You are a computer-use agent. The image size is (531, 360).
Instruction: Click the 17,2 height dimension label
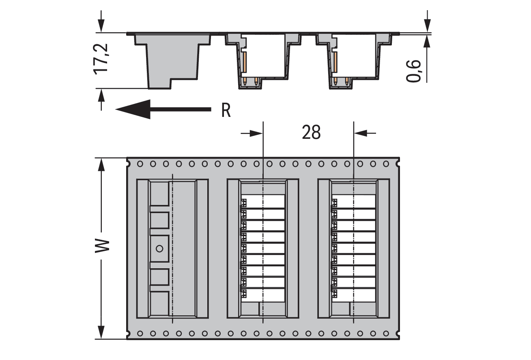click(101, 59)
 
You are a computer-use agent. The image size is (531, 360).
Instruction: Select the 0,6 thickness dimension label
click(413, 71)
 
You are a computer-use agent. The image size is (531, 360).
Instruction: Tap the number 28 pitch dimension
click(311, 132)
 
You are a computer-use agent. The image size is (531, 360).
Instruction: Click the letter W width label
click(102, 246)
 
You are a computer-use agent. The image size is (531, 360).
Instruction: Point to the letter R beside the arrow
click(226, 110)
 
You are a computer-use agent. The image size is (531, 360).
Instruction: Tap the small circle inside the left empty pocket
click(159, 248)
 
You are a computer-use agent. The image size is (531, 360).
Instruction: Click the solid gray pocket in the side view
click(172, 61)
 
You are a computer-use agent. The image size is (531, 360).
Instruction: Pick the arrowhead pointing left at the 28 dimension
click(361, 133)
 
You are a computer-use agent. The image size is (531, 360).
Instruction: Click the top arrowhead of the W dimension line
click(101, 165)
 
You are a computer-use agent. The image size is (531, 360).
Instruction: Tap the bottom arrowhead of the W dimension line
click(101, 332)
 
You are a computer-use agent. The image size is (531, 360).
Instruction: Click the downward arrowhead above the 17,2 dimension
click(101, 26)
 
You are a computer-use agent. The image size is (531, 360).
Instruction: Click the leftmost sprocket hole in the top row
click(140, 164)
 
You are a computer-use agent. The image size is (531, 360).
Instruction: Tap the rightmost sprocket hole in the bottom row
click(386, 334)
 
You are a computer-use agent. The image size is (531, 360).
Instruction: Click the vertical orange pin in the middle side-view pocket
click(244, 63)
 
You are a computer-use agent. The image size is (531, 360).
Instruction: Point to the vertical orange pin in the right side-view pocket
click(335, 63)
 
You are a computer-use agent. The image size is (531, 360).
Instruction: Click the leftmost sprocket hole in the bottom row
click(140, 334)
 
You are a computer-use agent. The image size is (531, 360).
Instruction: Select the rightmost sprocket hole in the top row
click(386, 164)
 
